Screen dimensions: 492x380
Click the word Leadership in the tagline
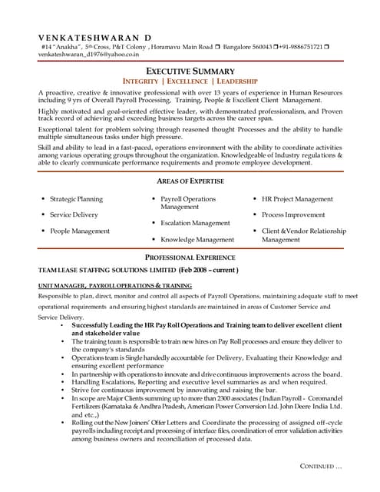237,81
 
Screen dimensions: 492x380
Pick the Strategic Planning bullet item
76,199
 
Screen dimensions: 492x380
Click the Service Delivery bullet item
74,214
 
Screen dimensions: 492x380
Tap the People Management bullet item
79,231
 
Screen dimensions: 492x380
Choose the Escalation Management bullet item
195,223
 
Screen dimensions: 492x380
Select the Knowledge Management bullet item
197,240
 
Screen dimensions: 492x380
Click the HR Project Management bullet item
297,199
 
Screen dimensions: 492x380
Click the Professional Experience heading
190,258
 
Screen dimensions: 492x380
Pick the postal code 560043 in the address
263,46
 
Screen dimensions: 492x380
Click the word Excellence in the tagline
188,81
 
